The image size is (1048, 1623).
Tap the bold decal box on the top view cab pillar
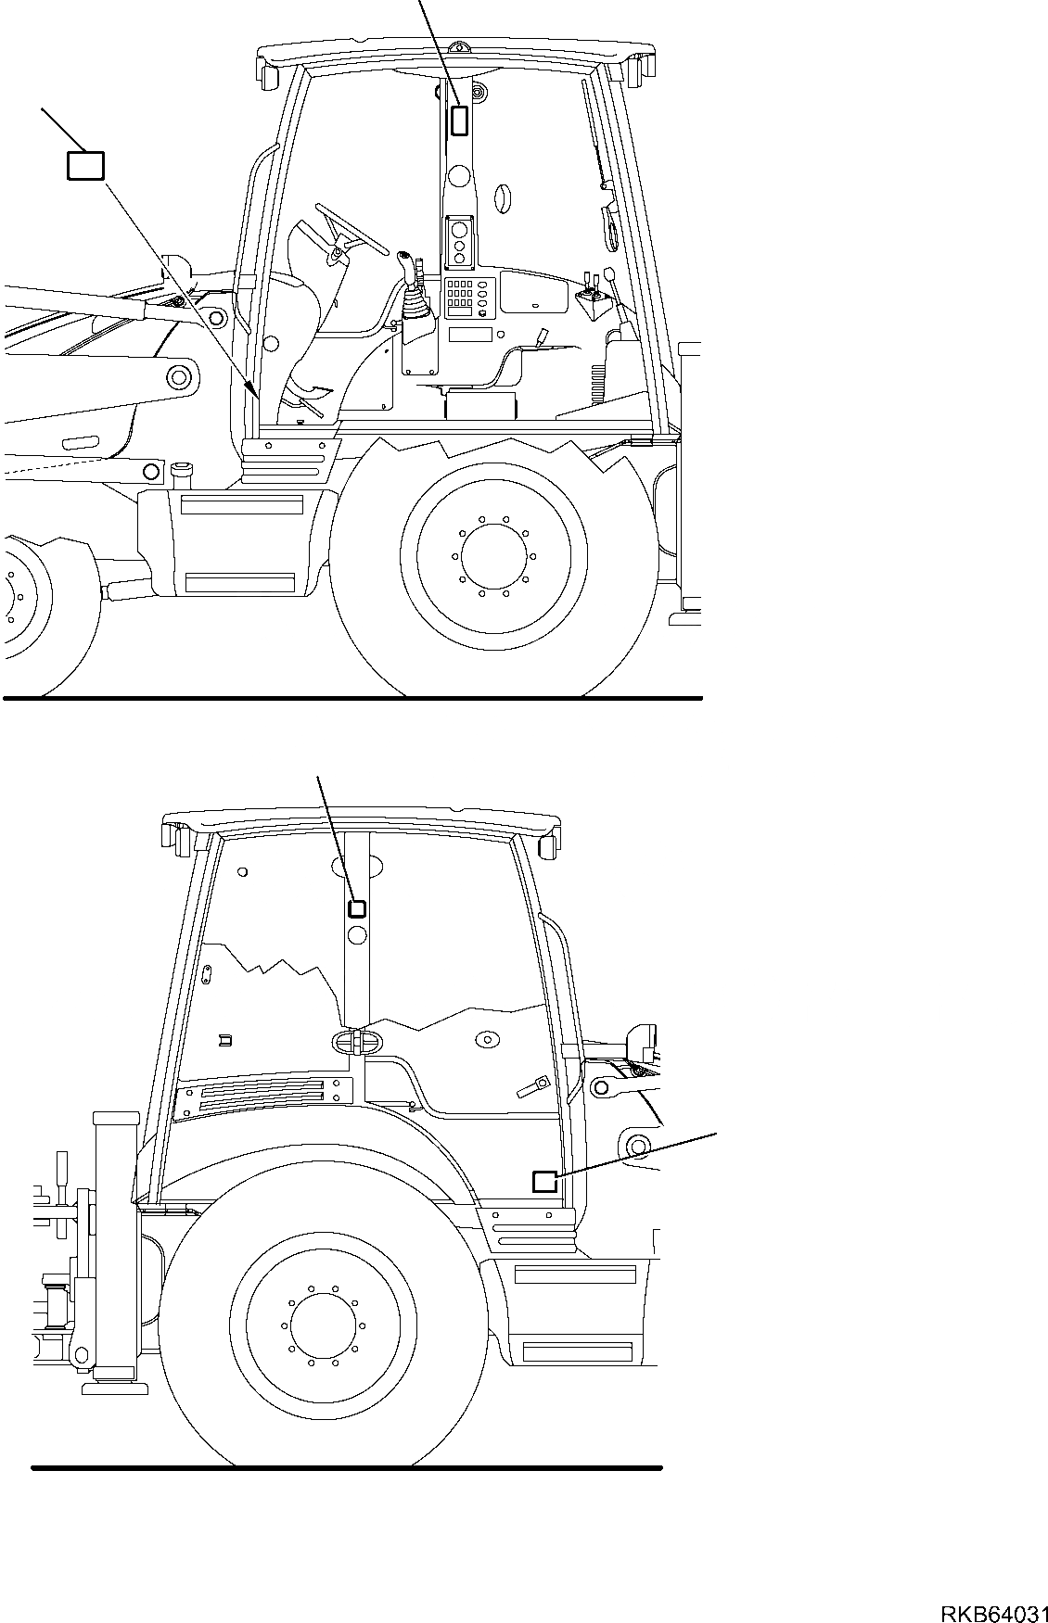click(x=459, y=120)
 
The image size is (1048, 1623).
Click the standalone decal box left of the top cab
click(x=85, y=165)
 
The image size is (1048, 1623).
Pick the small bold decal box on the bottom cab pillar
click(x=357, y=908)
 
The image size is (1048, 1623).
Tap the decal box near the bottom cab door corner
click(x=543, y=1181)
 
